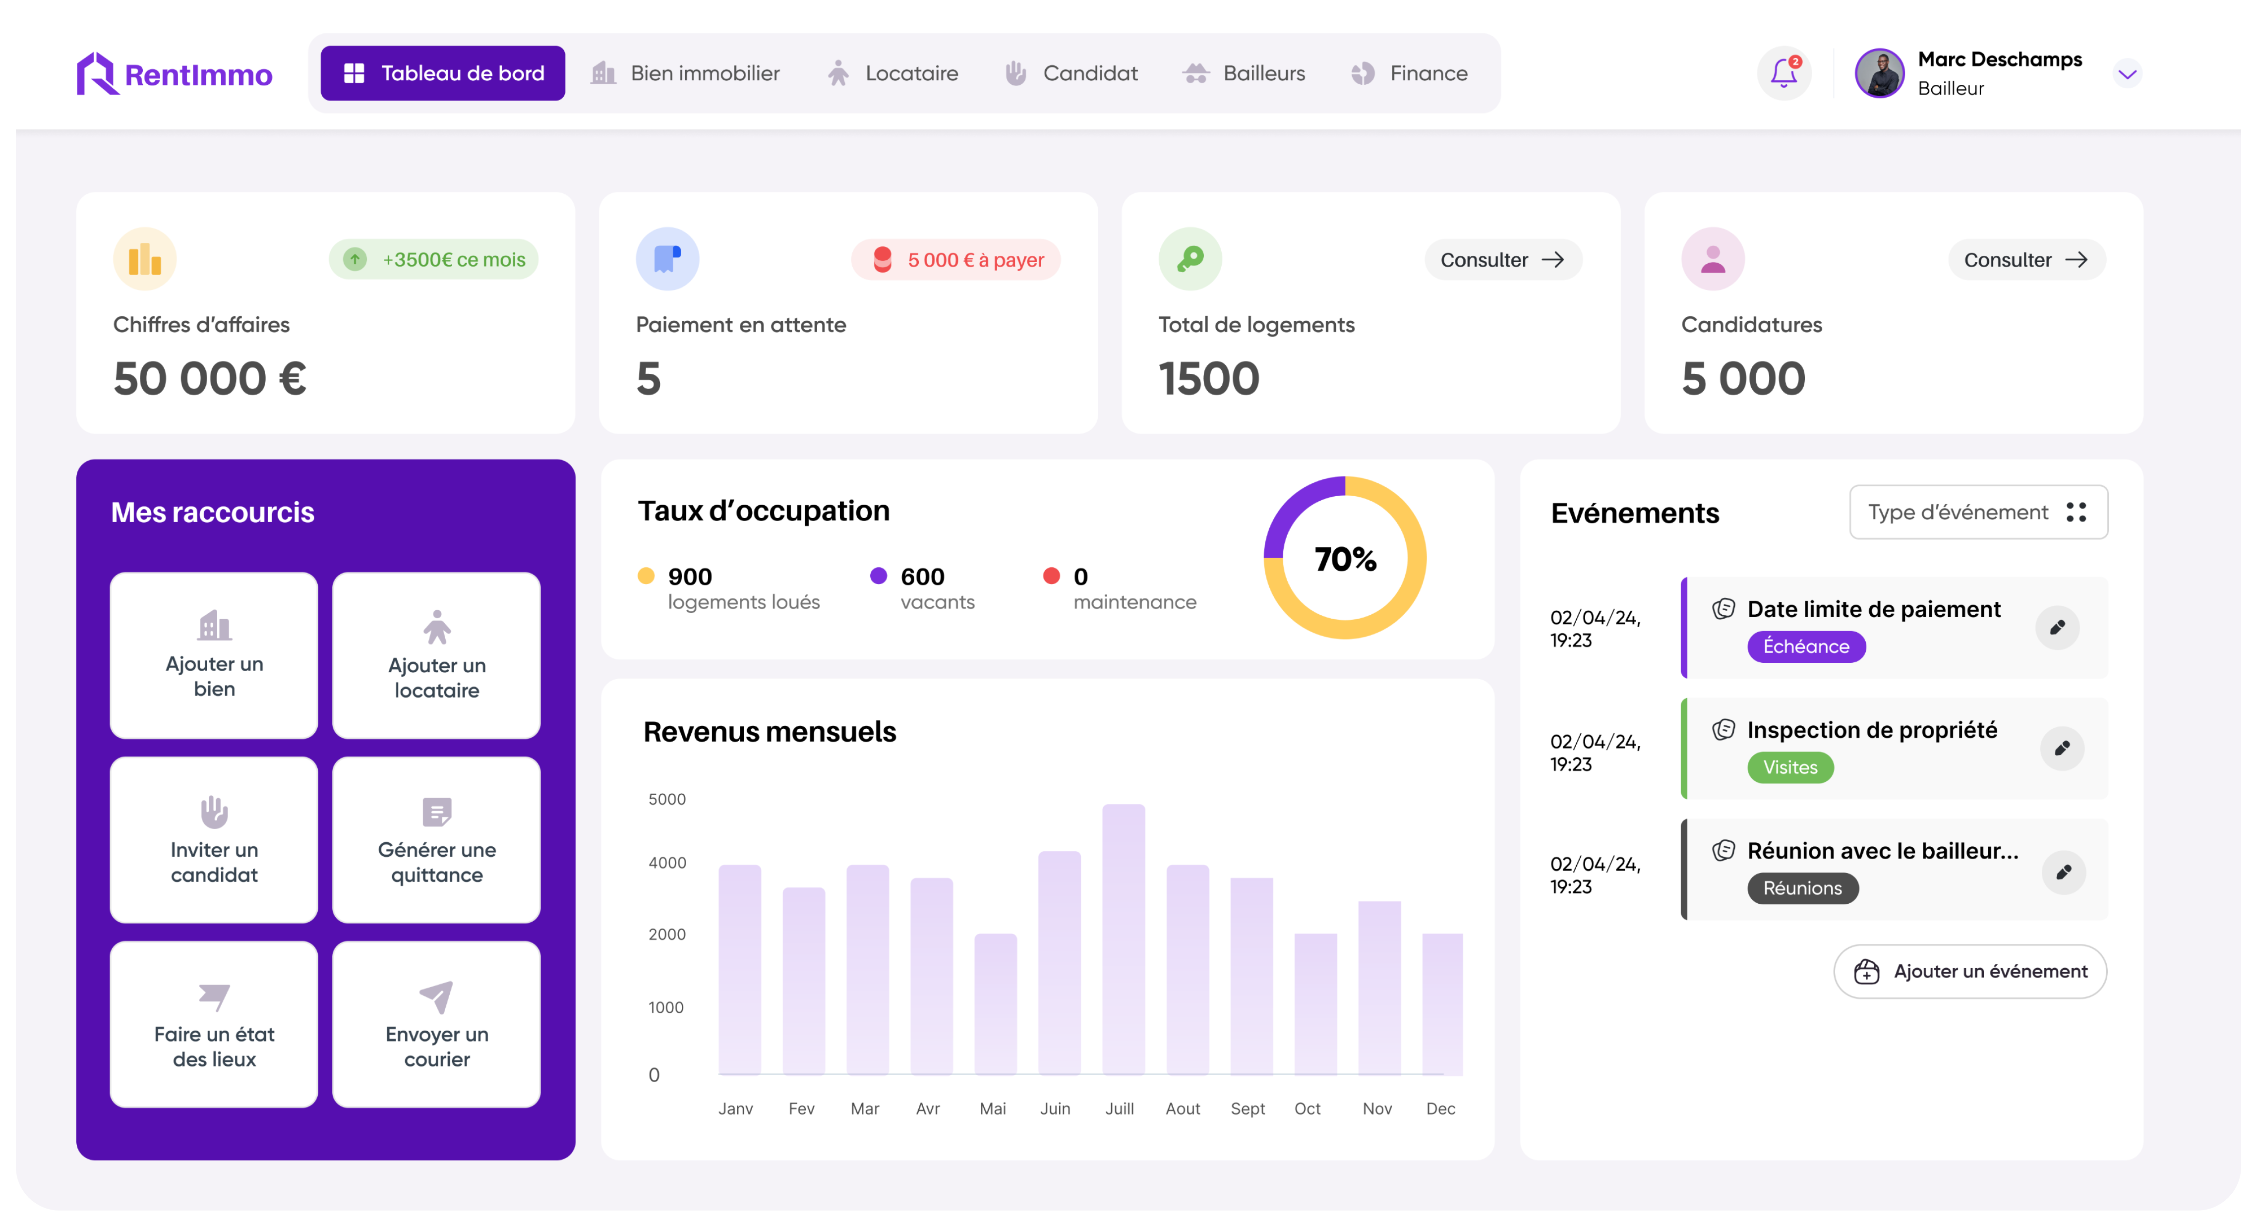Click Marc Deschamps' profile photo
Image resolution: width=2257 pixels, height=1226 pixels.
pyautogui.click(x=1879, y=73)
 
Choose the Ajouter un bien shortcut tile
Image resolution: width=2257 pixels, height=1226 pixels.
pyautogui.click(x=214, y=654)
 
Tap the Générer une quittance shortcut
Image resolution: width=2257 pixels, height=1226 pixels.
pyautogui.click(x=436, y=839)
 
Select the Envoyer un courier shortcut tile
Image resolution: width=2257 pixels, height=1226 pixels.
pyautogui.click(x=436, y=1024)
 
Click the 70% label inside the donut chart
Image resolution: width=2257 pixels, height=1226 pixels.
pyautogui.click(x=1345, y=559)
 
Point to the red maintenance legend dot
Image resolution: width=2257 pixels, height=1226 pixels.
pyautogui.click(x=1051, y=576)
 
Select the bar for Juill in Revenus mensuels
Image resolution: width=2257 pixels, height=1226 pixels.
pyautogui.click(x=1123, y=937)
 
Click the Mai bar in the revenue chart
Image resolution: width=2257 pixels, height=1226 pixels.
pyautogui.click(x=995, y=1003)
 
